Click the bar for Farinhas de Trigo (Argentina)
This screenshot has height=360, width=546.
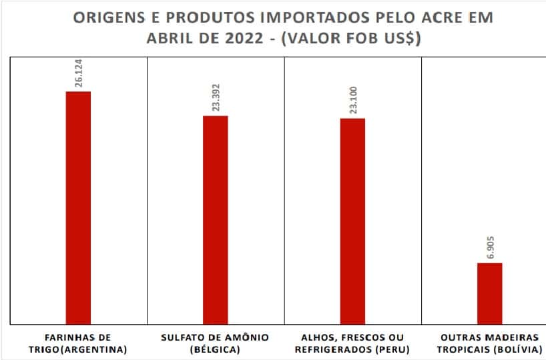[78, 207]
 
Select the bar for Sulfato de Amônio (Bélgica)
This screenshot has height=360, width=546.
[215, 220]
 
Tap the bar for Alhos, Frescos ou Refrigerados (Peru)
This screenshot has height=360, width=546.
[352, 221]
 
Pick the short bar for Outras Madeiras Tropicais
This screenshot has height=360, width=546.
[490, 293]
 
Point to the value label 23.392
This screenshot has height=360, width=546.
[216, 102]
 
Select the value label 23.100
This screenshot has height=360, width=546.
[352, 104]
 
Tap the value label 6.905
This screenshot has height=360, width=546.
[490, 249]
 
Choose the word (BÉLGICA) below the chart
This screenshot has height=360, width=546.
[215, 349]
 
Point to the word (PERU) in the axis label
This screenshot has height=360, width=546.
[392, 349]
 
